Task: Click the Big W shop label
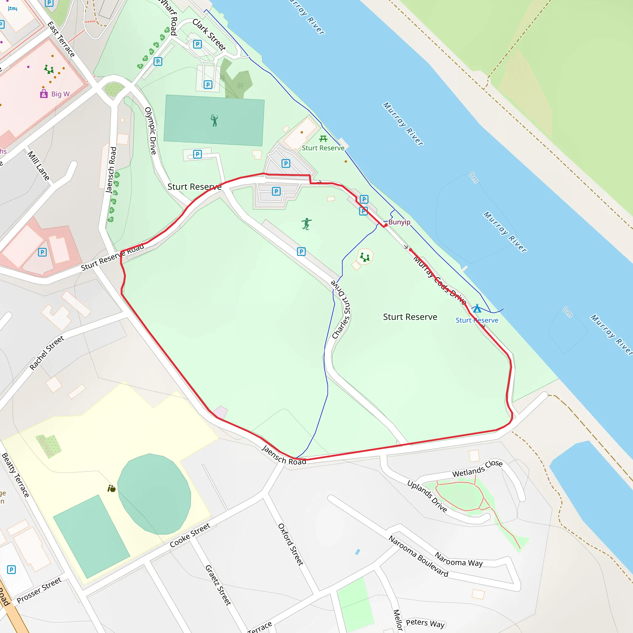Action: pos(60,94)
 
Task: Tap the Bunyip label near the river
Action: pos(399,222)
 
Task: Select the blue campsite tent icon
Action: pos(477,309)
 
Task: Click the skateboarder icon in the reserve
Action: pos(306,224)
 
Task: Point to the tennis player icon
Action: pos(214,121)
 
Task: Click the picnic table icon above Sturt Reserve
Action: pos(323,138)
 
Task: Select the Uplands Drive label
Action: pos(427,496)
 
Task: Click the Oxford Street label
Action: pos(291,545)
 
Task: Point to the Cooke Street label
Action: pos(190,535)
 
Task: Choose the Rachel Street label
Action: pos(47,353)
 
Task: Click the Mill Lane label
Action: pos(39,166)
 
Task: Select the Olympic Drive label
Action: pos(151,131)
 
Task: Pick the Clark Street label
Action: pos(209,35)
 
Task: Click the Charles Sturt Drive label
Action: pos(342,309)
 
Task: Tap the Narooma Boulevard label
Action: pos(418,556)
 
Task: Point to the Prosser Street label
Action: pos(39,590)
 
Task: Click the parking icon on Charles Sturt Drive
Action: pos(301,252)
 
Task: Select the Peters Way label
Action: pos(425,623)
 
